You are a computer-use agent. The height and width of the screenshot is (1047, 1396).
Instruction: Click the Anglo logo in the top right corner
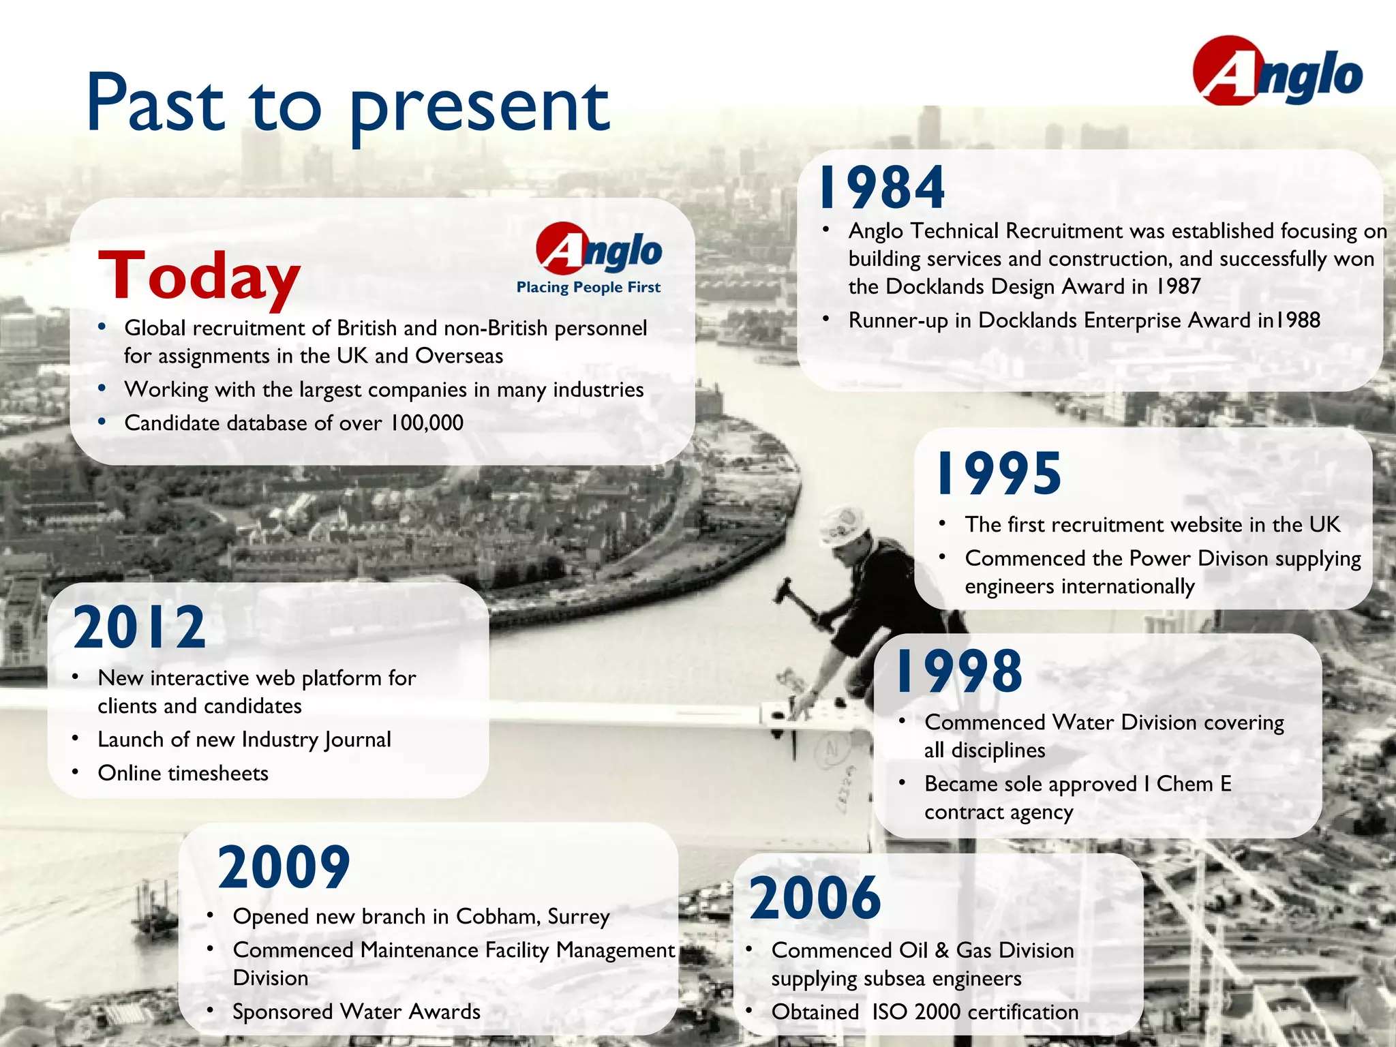[1277, 72]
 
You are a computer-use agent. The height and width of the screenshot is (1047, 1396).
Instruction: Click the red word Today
[198, 276]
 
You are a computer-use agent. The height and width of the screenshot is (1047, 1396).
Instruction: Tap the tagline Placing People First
[588, 287]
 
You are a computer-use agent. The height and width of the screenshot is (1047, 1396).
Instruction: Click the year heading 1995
[999, 474]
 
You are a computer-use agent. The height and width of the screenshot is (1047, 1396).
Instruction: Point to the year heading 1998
[959, 671]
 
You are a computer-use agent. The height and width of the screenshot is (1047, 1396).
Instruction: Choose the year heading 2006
[815, 898]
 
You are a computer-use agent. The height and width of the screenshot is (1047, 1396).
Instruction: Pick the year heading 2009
[284, 867]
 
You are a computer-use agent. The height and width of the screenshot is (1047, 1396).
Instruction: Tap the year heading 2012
[139, 628]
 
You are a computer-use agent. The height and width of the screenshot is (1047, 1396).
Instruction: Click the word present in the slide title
[479, 108]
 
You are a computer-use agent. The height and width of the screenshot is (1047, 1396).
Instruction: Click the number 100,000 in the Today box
[427, 423]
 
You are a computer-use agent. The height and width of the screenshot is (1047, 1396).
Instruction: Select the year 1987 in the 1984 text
[1178, 286]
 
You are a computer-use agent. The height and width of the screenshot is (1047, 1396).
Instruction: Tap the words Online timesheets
[183, 774]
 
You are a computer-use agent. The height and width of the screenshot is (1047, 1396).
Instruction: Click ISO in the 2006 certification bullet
[889, 1012]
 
